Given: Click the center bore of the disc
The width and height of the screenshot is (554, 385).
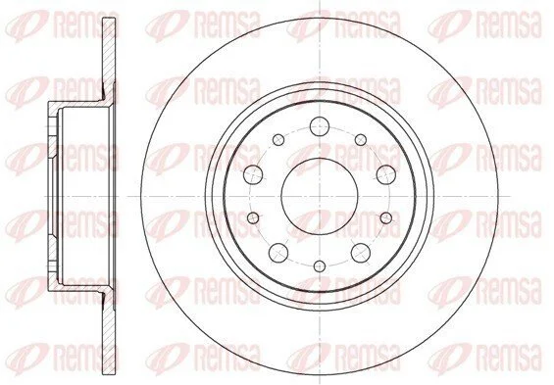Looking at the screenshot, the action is (x=320, y=196).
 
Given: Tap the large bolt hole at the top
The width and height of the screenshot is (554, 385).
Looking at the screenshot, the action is (x=320, y=126).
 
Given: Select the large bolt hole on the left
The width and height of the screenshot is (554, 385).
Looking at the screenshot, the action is (x=253, y=174).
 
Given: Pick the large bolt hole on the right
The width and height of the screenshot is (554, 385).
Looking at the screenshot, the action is (x=385, y=174).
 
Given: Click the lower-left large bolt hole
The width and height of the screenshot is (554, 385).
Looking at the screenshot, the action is (x=278, y=253).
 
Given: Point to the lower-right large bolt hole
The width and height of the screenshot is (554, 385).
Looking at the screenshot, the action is (x=361, y=253).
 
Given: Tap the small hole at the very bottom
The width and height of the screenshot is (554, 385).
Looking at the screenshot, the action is (x=320, y=265).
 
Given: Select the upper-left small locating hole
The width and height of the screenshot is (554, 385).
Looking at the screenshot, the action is (x=278, y=140).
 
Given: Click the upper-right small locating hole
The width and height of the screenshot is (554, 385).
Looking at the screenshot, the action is (x=361, y=140).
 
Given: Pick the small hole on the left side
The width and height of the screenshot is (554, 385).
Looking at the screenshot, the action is (x=253, y=218).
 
